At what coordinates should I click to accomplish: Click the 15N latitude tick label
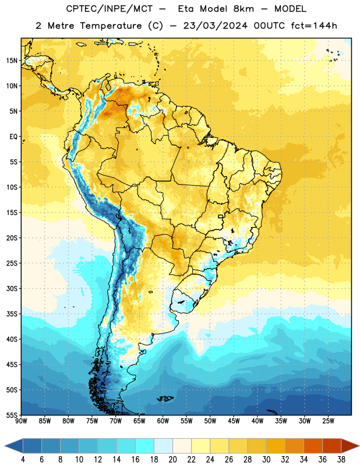(x=12, y=61)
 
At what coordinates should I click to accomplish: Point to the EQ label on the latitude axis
(x=13, y=137)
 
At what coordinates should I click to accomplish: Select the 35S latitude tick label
(x=12, y=314)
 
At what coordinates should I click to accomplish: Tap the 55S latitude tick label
(x=12, y=415)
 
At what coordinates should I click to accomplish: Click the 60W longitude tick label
(x=163, y=421)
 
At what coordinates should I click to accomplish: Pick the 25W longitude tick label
(x=328, y=421)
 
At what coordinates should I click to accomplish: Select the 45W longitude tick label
(x=234, y=421)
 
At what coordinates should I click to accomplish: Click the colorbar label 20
(x=172, y=460)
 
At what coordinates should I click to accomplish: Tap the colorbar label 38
(x=341, y=460)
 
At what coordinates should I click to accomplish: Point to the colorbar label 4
(x=23, y=460)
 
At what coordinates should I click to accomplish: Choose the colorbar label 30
(x=266, y=460)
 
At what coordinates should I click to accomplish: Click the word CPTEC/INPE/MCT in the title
(x=109, y=9)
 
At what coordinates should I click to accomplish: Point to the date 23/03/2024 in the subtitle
(x=215, y=26)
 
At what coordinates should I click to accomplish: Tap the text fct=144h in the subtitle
(x=314, y=26)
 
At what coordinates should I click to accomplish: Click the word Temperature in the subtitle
(x=111, y=26)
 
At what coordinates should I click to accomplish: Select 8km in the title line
(x=243, y=9)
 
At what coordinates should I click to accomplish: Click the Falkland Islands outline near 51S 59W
(x=165, y=398)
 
